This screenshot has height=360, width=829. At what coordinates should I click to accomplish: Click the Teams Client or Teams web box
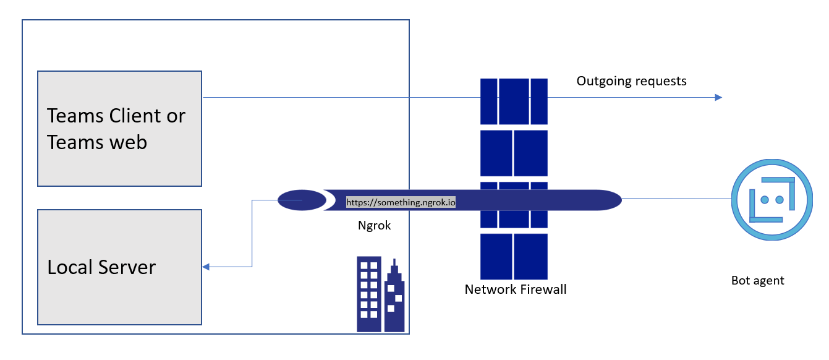[119, 129]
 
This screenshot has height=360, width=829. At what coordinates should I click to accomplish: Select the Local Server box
[119, 267]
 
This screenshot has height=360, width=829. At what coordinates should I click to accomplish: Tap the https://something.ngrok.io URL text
[401, 202]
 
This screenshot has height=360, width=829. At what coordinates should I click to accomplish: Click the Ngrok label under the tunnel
[375, 226]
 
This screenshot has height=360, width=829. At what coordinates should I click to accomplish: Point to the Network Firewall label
[515, 289]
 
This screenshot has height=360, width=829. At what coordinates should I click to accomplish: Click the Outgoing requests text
[631, 81]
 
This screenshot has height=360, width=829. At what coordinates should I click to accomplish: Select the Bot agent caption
[757, 280]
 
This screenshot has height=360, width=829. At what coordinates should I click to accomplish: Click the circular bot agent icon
[771, 199]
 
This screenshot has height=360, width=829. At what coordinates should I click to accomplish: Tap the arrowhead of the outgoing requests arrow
[718, 97]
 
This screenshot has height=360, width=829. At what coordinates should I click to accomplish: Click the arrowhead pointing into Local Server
[206, 267]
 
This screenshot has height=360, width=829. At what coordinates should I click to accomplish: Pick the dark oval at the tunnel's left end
[301, 200]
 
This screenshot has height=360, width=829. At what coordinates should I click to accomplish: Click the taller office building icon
[369, 294]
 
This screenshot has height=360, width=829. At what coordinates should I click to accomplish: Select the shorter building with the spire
[394, 300]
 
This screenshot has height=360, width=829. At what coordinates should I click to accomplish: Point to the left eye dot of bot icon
[763, 200]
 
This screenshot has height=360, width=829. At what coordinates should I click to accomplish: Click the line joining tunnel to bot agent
[676, 199]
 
